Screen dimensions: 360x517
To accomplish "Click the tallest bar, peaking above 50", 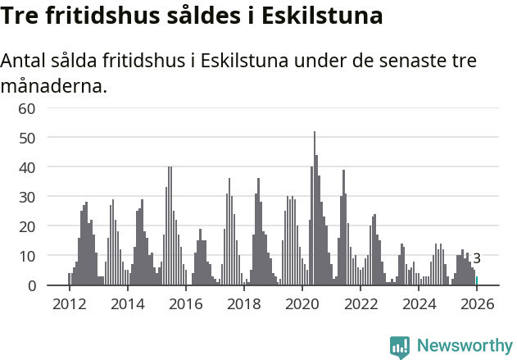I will pyautogui.click(x=314, y=209).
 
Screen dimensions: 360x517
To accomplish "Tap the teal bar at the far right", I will pyautogui.click(x=477, y=281).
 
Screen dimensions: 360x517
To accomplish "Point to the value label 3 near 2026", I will pyautogui.click(x=477, y=258).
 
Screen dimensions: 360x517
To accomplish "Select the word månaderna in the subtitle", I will pyautogui.click(x=54, y=85).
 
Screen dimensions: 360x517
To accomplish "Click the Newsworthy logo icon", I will pyautogui.click(x=400, y=346).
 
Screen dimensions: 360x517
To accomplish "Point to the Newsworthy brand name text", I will pyautogui.click(x=465, y=346).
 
